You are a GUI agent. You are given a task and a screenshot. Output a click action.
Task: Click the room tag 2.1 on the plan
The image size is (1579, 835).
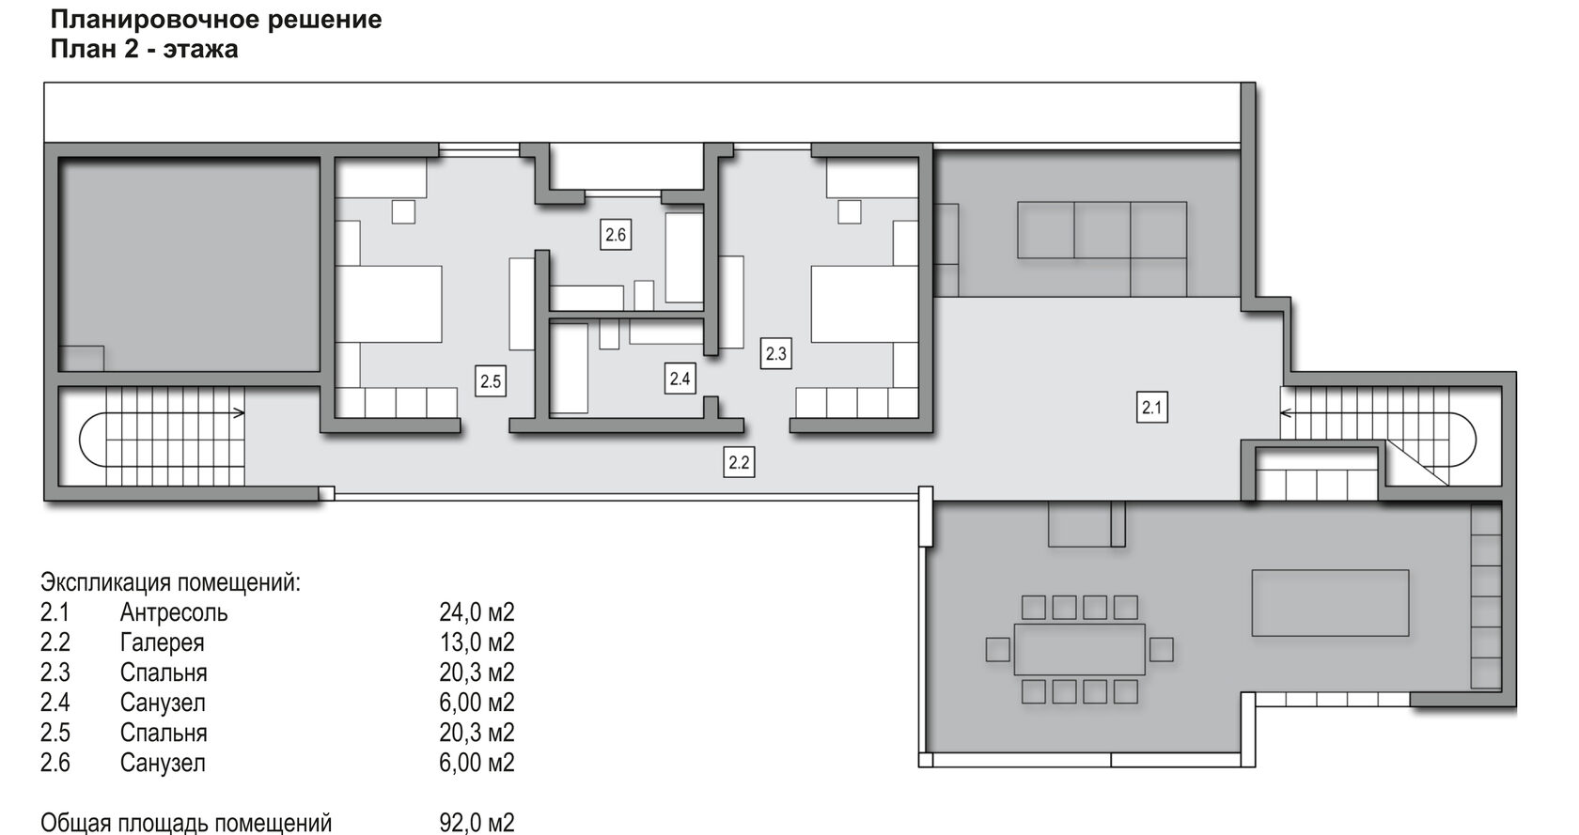tap(1152, 408)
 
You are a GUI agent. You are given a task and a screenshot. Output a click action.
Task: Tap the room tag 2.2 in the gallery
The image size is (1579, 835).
tap(739, 463)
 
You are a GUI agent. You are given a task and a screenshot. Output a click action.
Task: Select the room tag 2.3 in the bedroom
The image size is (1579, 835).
tap(775, 353)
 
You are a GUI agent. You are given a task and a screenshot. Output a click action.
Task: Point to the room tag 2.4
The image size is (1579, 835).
tap(680, 379)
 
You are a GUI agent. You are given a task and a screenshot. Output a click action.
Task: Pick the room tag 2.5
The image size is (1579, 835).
tap(490, 381)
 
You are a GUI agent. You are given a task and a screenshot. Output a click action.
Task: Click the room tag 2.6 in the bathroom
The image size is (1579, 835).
tap(616, 235)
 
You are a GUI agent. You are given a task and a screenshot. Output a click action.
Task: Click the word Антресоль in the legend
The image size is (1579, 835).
tap(173, 612)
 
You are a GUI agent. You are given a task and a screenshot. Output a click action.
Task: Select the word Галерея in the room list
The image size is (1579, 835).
tap(162, 642)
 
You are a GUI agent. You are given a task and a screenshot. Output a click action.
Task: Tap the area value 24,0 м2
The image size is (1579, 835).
tap(477, 612)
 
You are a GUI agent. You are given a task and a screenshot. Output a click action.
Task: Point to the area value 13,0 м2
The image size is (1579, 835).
tap(477, 642)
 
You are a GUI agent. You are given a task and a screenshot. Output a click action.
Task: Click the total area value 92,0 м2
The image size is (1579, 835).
tap(477, 822)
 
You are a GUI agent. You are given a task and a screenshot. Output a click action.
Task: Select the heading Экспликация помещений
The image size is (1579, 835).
tap(171, 582)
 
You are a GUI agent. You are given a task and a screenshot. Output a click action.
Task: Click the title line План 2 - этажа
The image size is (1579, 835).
tap(145, 50)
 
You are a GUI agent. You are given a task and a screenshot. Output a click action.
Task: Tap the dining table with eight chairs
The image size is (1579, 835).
tap(1079, 650)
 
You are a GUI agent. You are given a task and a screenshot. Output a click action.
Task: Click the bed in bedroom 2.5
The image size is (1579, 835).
tap(388, 304)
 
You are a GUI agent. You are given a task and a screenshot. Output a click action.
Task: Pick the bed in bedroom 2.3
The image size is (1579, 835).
tap(865, 304)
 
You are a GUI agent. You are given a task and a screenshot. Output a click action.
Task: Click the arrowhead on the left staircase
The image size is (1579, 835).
tap(240, 413)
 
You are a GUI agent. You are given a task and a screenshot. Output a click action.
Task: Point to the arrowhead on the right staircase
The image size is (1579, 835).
tap(1287, 413)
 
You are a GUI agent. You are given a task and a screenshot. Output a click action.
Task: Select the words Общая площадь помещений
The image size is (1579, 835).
tap(186, 823)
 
